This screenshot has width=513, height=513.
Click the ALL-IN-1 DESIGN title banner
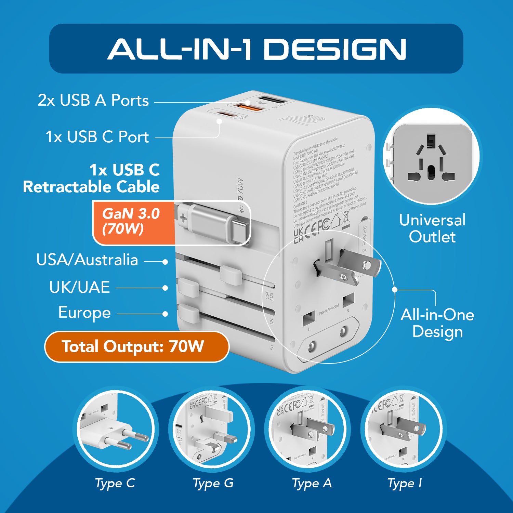coord(256,49)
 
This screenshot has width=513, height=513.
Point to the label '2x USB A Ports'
coord(93,100)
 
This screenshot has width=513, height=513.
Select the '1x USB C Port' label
coord(97,137)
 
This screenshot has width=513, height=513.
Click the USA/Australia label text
coord(87,260)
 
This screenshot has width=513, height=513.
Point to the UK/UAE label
coord(79,287)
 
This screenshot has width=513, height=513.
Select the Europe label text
coord(84,313)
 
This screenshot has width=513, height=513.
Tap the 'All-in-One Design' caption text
coord(437,323)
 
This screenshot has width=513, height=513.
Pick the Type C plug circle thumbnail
coord(115,429)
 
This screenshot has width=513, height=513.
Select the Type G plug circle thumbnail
coord(211,429)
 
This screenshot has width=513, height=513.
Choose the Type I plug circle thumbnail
coord(404,429)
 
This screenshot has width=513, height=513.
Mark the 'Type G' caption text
coord(213,483)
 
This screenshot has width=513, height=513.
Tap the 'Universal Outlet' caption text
coord(432,228)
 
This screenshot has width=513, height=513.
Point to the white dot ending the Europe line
coord(166,314)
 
